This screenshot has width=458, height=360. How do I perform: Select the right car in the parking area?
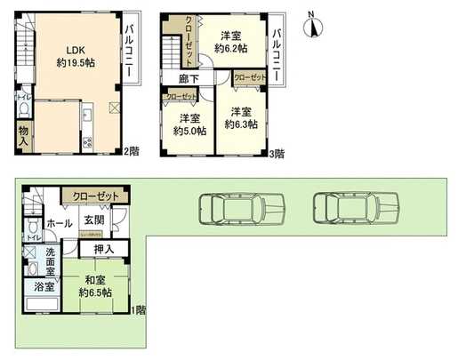(x=351, y=210)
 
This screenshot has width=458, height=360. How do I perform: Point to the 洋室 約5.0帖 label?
(x=189, y=123)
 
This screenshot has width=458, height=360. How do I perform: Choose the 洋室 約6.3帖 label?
(x=239, y=118)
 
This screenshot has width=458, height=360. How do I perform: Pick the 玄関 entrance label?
(x=94, y=220)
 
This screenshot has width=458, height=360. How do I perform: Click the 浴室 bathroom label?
(x=44, y=287)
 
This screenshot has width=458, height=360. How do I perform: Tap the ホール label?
(x=60, y=223)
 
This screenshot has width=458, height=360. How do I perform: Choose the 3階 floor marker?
(x=276, y=153)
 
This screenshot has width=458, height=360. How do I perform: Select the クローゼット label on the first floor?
(x=95, y=196)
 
